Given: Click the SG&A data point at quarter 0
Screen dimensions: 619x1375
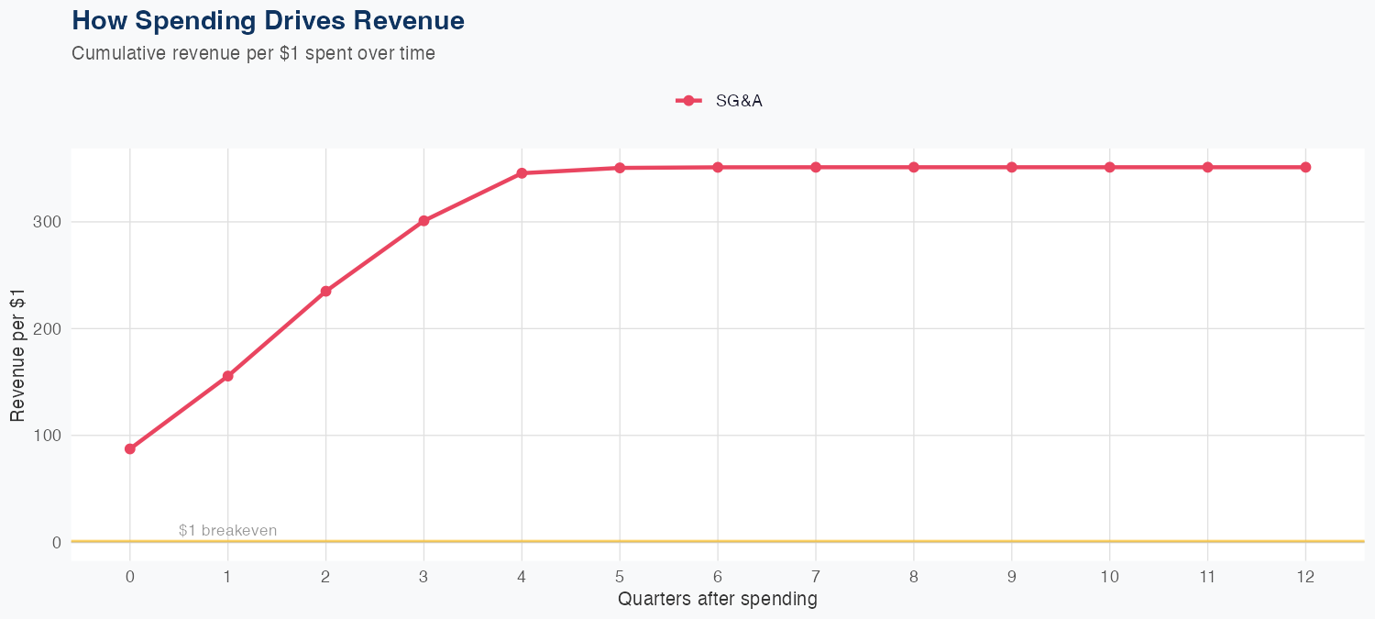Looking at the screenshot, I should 130,448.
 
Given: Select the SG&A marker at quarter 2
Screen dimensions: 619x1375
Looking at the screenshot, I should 325,292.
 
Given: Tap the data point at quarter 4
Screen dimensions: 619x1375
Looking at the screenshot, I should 522,173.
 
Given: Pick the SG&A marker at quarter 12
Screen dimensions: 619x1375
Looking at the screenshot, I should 1305,167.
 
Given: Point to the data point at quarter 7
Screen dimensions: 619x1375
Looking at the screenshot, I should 816,167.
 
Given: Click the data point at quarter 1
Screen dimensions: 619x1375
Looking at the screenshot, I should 227,376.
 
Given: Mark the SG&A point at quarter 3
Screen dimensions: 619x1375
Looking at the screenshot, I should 423,221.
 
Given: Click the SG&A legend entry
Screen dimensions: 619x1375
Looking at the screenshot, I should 720,101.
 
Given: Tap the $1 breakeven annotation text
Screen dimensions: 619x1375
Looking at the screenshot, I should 227,530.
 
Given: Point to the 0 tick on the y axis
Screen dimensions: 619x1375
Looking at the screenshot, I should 57,542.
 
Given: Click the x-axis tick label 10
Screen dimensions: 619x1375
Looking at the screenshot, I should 1109,576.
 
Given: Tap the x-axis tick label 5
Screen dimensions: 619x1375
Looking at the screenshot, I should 620,576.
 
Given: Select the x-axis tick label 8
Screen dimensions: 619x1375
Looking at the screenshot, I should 914,576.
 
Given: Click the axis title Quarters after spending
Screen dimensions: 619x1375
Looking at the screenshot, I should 717,600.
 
